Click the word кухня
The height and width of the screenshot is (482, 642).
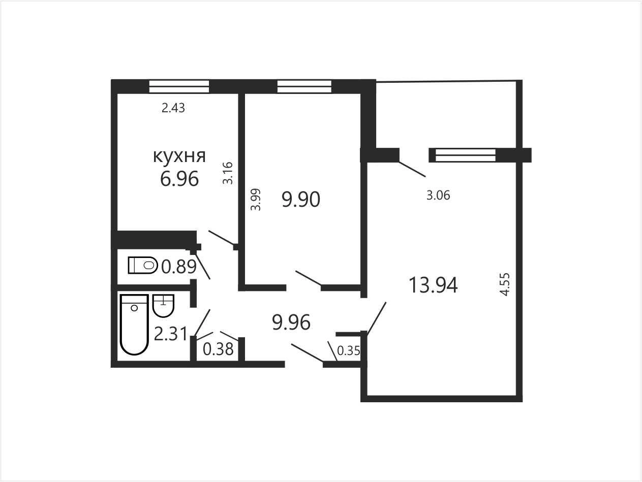(179, 156)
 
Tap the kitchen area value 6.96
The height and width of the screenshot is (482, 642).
(179, 178)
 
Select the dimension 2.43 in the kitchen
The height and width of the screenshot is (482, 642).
(173, 108)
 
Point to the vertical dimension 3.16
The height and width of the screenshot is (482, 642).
(228, 173)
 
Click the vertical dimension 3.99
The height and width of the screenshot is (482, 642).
(256, 200)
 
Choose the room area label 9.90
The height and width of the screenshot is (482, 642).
(301, 200)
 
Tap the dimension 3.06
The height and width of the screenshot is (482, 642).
(438, 195)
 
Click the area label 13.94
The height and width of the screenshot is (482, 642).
(433, 285)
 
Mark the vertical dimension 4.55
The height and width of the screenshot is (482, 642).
(505, 284)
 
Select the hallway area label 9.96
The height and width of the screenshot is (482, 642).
(291, 323)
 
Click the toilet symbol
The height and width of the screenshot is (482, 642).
(143, 265)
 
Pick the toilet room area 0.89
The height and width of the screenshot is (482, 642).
(179, 267)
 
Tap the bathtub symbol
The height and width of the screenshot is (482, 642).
(134, 325)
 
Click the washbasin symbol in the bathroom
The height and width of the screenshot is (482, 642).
(164, 306)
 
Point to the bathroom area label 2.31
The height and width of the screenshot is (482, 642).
(170, 334)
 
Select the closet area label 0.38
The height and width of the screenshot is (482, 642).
(218, 349)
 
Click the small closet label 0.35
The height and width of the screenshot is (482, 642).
(349, 351)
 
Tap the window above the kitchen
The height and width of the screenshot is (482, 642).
(179, 86)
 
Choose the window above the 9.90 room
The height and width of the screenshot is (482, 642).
(304, 86)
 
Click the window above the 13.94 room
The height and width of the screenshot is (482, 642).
(466, 155)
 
